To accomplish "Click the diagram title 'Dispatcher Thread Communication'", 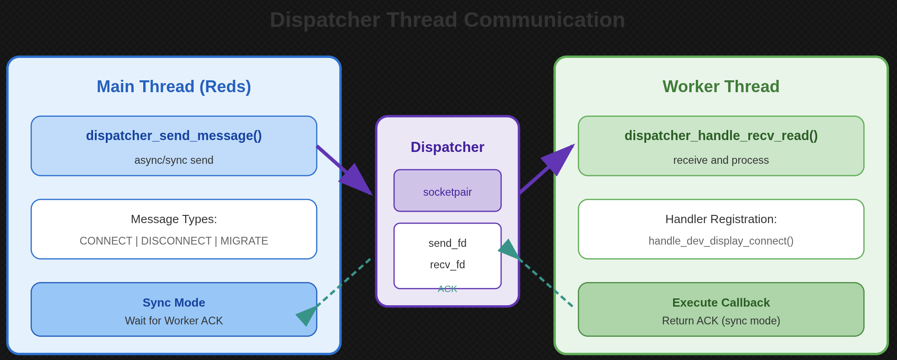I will (x=447, y=20).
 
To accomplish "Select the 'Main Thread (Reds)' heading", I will (x=174, y=87).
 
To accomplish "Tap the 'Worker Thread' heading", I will (x=721, y=87).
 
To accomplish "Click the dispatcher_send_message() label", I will (x=174, y=136).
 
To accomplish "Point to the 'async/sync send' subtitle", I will (x=174, y=160).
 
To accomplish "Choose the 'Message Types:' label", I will (x=174, y=219).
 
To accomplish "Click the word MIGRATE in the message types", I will (x=244, y=241).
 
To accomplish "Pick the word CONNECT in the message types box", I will (x=106, y=241).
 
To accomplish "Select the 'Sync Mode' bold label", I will (x=174, y=303).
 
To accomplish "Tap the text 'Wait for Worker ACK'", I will (x=174, y=321).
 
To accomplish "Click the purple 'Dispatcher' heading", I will (x=447, y=147).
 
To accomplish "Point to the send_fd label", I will (x=447, y=243).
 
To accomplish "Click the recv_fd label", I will (x=447, y=265).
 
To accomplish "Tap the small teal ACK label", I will (x=447, y=289).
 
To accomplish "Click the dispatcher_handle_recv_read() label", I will (x=721, y=136).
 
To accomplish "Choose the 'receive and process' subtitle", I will (x=721, y=160).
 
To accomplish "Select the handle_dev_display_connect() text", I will (x=721, y=241).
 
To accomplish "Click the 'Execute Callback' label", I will (x=721, y=303).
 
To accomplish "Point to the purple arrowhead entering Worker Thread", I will (x=560, y=158).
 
